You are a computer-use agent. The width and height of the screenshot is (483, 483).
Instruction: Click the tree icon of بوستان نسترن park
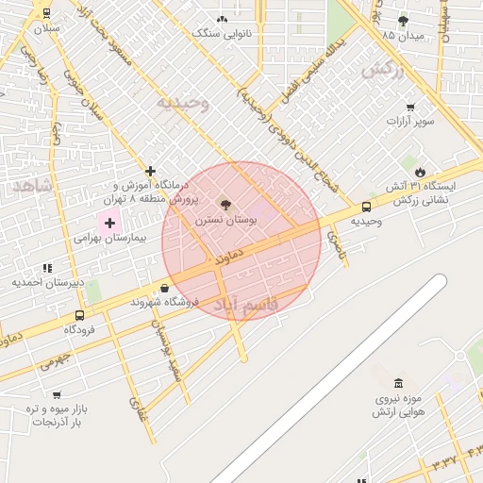tap(225, 204)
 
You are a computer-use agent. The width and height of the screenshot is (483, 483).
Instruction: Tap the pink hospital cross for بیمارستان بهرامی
tap(110, 224)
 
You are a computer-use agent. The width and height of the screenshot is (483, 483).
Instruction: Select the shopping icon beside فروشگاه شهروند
tap(165, 288)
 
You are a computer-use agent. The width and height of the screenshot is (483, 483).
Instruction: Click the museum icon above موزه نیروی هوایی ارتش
tap(398, 384)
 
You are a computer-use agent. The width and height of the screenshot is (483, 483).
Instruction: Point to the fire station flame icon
tap(420, 171)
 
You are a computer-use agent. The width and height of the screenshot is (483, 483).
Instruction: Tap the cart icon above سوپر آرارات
tap(410, 107)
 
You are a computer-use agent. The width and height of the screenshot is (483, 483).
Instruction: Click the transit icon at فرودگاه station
tap(79, 315)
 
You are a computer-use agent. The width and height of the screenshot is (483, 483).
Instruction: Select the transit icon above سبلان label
tap(47, 13)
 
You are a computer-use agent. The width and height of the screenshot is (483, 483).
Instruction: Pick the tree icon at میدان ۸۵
tap(404, 20)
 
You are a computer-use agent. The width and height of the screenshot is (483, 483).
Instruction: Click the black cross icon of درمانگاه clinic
tap(150, 171)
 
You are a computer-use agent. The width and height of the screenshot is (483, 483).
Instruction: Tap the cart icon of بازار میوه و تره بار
tap(57, 394)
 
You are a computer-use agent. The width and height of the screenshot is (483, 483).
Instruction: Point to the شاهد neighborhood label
tap(33, 185)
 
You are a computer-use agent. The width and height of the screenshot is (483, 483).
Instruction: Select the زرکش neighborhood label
tap(381, 68)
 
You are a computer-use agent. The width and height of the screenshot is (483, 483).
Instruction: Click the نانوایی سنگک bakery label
tap(222, 33)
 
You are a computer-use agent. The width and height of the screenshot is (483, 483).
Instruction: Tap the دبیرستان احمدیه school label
tap(48, 282)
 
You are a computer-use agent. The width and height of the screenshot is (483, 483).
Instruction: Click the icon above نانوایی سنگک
tap(222, 19)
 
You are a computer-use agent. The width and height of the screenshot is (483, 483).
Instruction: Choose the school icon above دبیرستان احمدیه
tap(47, 268)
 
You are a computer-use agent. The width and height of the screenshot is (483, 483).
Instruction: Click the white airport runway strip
tap(330, 377)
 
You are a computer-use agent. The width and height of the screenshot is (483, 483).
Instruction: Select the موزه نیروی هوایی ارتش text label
tap(399, 405)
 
